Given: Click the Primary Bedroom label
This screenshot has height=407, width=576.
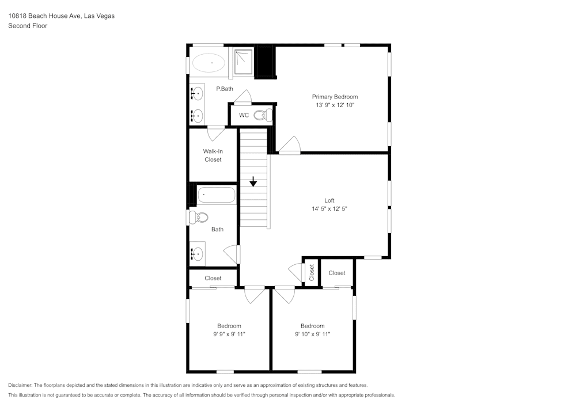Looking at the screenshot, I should click(x=335, y=97).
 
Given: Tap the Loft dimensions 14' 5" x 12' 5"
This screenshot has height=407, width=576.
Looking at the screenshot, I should click(x=329, y=209).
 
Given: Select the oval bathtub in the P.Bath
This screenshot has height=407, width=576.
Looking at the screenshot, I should click(x=210, y=63).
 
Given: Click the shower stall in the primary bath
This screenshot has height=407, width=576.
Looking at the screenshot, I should click(x=243, y=62).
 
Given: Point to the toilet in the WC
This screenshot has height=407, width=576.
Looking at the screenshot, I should click(x=263, y=115).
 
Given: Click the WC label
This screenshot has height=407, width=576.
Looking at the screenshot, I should click(x=244, y=115).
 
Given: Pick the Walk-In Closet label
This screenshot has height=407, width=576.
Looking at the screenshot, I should click(x=213, y=155).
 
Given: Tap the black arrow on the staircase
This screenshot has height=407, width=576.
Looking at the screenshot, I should click(x=253, y=181).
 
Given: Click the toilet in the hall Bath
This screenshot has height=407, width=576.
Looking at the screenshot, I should click(x=199, y=218).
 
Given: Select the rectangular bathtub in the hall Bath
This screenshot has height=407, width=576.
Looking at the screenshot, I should click(x=217, y=195).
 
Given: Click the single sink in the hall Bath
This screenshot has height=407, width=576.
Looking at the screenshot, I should click(x=198, y=253).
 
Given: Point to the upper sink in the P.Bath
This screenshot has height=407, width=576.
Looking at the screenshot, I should click(x=197, y=92).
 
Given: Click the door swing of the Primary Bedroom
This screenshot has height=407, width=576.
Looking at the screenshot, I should click(x=290, y=145).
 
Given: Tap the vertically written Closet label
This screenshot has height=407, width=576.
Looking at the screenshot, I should click(x=312, y=272).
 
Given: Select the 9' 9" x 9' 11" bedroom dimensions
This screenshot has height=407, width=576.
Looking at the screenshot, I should click(x=229, y=334).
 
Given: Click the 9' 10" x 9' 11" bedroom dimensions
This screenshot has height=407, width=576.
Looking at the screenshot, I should click(x=312, y=334).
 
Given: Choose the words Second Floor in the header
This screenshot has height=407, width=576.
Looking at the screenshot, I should click(x=28, y=26).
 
